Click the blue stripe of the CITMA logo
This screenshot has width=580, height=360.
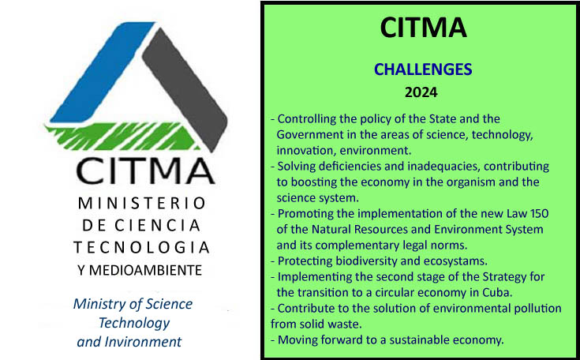(103, 72)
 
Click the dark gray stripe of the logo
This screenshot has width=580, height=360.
(185, 88)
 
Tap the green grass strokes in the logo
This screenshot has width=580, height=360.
(122, 136)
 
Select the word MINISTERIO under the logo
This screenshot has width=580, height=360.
(142, 203)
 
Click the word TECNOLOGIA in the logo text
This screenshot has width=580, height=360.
(142, 248)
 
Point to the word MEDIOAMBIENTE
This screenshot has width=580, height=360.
(145, 271)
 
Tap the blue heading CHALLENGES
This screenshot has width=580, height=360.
(423, 69)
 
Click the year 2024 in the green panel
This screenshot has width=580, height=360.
(421, 92)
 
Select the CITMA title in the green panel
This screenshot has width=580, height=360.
(423, 28)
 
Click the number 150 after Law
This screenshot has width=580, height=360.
(539, 213)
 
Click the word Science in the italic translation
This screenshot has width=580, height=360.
(169, 304)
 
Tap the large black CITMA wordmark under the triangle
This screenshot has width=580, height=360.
(145, 171)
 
